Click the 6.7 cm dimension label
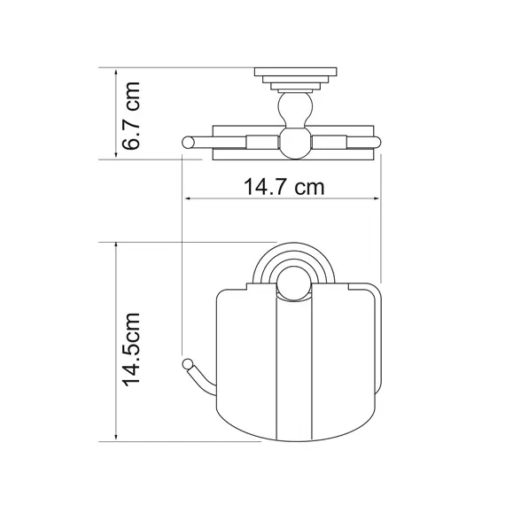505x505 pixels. pyautogui.click(x=131, y=116)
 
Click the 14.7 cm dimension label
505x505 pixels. pyautogui.click(x=284, y=187)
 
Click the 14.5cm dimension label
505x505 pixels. pyautogui.click(x=131, y=349)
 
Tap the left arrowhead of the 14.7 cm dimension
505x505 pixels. pyautogui.click(x=189, y=198)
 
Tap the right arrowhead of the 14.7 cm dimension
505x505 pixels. pyautogui.click(x=377, y=198)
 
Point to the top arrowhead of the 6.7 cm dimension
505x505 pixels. pyautogui.click(x=116, y=72)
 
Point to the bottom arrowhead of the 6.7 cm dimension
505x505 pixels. pyautogui.click(x=116, y=155)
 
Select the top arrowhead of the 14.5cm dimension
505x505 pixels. pyautogui.click(x=116, y=245)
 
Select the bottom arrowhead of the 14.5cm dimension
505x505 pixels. pyautogui.click(x=116, y=438)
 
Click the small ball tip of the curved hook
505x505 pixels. pyautogui.click(x=187, y=363)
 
